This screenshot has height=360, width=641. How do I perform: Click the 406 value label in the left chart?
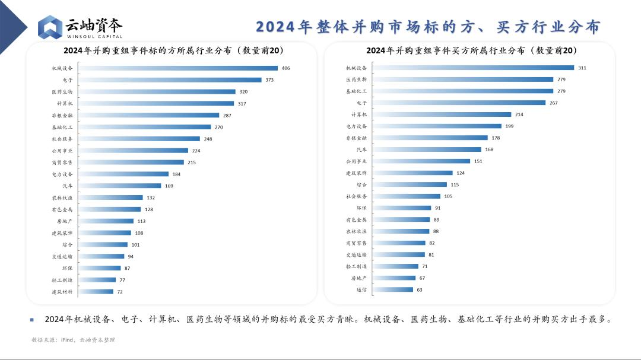pyautogui.click(x=285, y=68)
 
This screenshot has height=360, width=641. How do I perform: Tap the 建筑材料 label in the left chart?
pyautogui.click(x=62, y=292)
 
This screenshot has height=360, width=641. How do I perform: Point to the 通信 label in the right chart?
pyautogui.click(x=361, y=289)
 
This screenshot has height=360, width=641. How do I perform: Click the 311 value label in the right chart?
pyautogui.click(x=582, y=68)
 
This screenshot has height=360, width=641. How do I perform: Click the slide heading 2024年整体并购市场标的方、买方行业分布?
pyautogui.click(x=427, y=27)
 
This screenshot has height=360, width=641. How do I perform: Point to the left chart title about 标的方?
pyautogui.click(x=174, y=50)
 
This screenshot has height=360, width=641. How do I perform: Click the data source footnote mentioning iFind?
pyautogui.click(x=73, y=340)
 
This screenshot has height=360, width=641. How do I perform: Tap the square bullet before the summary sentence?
pyautogui.click(x=31, y=320)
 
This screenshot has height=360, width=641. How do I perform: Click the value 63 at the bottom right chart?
pyautogui.click(x=419, y=289)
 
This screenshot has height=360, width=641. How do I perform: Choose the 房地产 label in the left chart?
pyautogui.click(x=64, y=221)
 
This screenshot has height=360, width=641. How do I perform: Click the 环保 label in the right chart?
pyautogui.click(x=361, y=208)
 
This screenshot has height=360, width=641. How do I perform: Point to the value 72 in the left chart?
pyautogui.click(x=119, y=292)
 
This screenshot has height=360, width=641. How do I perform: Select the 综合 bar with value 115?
pyautogui.click(x=411, y=184)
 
